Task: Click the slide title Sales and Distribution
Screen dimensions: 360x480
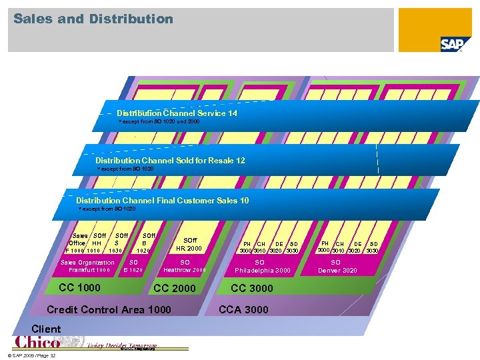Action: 93,19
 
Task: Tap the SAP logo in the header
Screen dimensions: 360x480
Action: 455,44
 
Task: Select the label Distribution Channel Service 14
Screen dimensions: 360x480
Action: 177,113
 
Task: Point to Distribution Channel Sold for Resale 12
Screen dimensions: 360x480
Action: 170,161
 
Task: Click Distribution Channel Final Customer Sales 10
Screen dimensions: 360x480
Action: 163,201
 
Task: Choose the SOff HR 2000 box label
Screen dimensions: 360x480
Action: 190,244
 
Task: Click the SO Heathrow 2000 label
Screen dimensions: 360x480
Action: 185,266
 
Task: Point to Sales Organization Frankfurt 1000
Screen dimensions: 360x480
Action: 87,266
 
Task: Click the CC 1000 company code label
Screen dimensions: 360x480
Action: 80,288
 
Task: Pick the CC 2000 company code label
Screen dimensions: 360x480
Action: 175,289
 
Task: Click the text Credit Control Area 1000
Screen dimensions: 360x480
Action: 109,309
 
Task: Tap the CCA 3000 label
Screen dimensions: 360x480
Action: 244,309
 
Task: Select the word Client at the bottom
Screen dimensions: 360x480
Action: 46,329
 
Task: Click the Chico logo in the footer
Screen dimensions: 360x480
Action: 37,342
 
